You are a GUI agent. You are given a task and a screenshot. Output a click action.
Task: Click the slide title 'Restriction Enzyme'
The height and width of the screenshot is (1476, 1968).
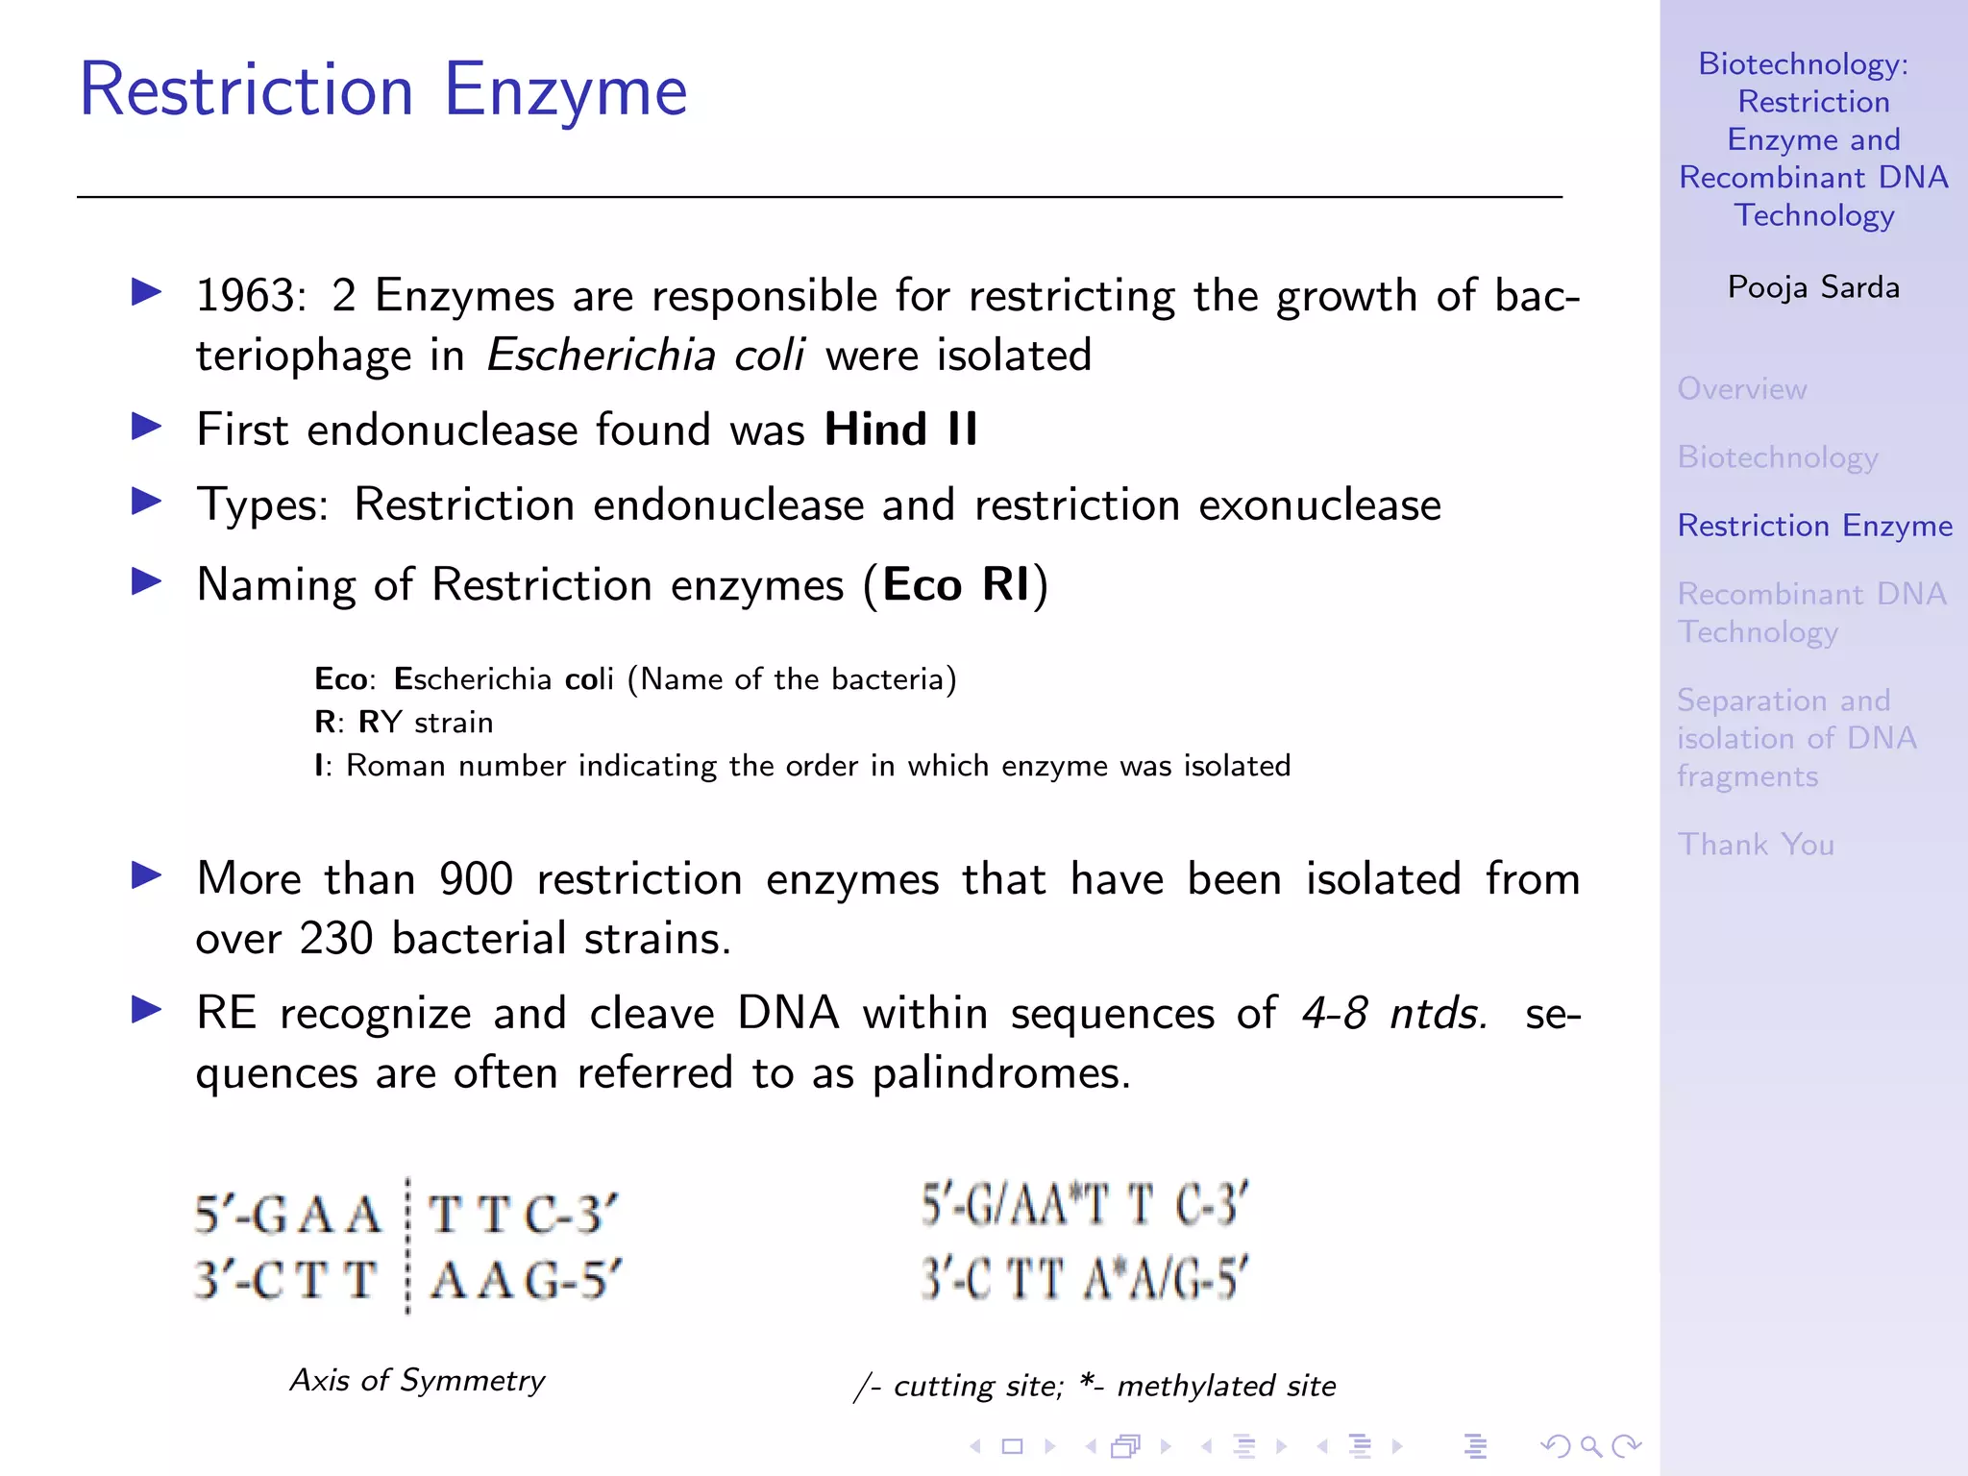[382, 90]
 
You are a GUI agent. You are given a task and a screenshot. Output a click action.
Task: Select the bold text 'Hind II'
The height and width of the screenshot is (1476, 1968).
[900, 430]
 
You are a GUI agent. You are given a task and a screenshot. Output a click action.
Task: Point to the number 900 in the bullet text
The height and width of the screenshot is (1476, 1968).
[476, 879]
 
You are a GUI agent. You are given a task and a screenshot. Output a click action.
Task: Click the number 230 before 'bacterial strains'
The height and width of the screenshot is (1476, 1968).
[335, 939]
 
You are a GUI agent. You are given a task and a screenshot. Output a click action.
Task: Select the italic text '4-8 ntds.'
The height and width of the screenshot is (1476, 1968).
[1395, 1014]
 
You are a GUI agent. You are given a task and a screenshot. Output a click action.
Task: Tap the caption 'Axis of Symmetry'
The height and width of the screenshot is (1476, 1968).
[417, 1381]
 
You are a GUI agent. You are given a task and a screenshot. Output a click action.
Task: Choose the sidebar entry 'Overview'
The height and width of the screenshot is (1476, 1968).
[1741, 389]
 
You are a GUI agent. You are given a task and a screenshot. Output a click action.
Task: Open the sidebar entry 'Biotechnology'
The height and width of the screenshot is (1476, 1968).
[1777, 457]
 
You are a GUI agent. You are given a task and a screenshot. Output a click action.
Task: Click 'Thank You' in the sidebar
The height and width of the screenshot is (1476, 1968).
[1755, 845]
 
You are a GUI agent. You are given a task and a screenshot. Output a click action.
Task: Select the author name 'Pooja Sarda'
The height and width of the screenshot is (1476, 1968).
[1812, 287]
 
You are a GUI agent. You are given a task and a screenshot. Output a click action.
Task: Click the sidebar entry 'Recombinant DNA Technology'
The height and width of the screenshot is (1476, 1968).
[1810, 612]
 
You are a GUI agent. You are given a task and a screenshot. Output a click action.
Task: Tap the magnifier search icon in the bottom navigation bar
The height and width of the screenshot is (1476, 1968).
[1590, 1445]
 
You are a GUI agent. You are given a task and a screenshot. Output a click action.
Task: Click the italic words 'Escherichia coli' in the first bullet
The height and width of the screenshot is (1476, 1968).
[645, 356]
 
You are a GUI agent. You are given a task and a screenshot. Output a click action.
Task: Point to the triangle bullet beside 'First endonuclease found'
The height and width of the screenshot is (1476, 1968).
[146, 426]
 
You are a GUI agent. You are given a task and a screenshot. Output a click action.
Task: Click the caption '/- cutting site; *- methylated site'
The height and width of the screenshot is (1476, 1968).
[1095, 1386]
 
